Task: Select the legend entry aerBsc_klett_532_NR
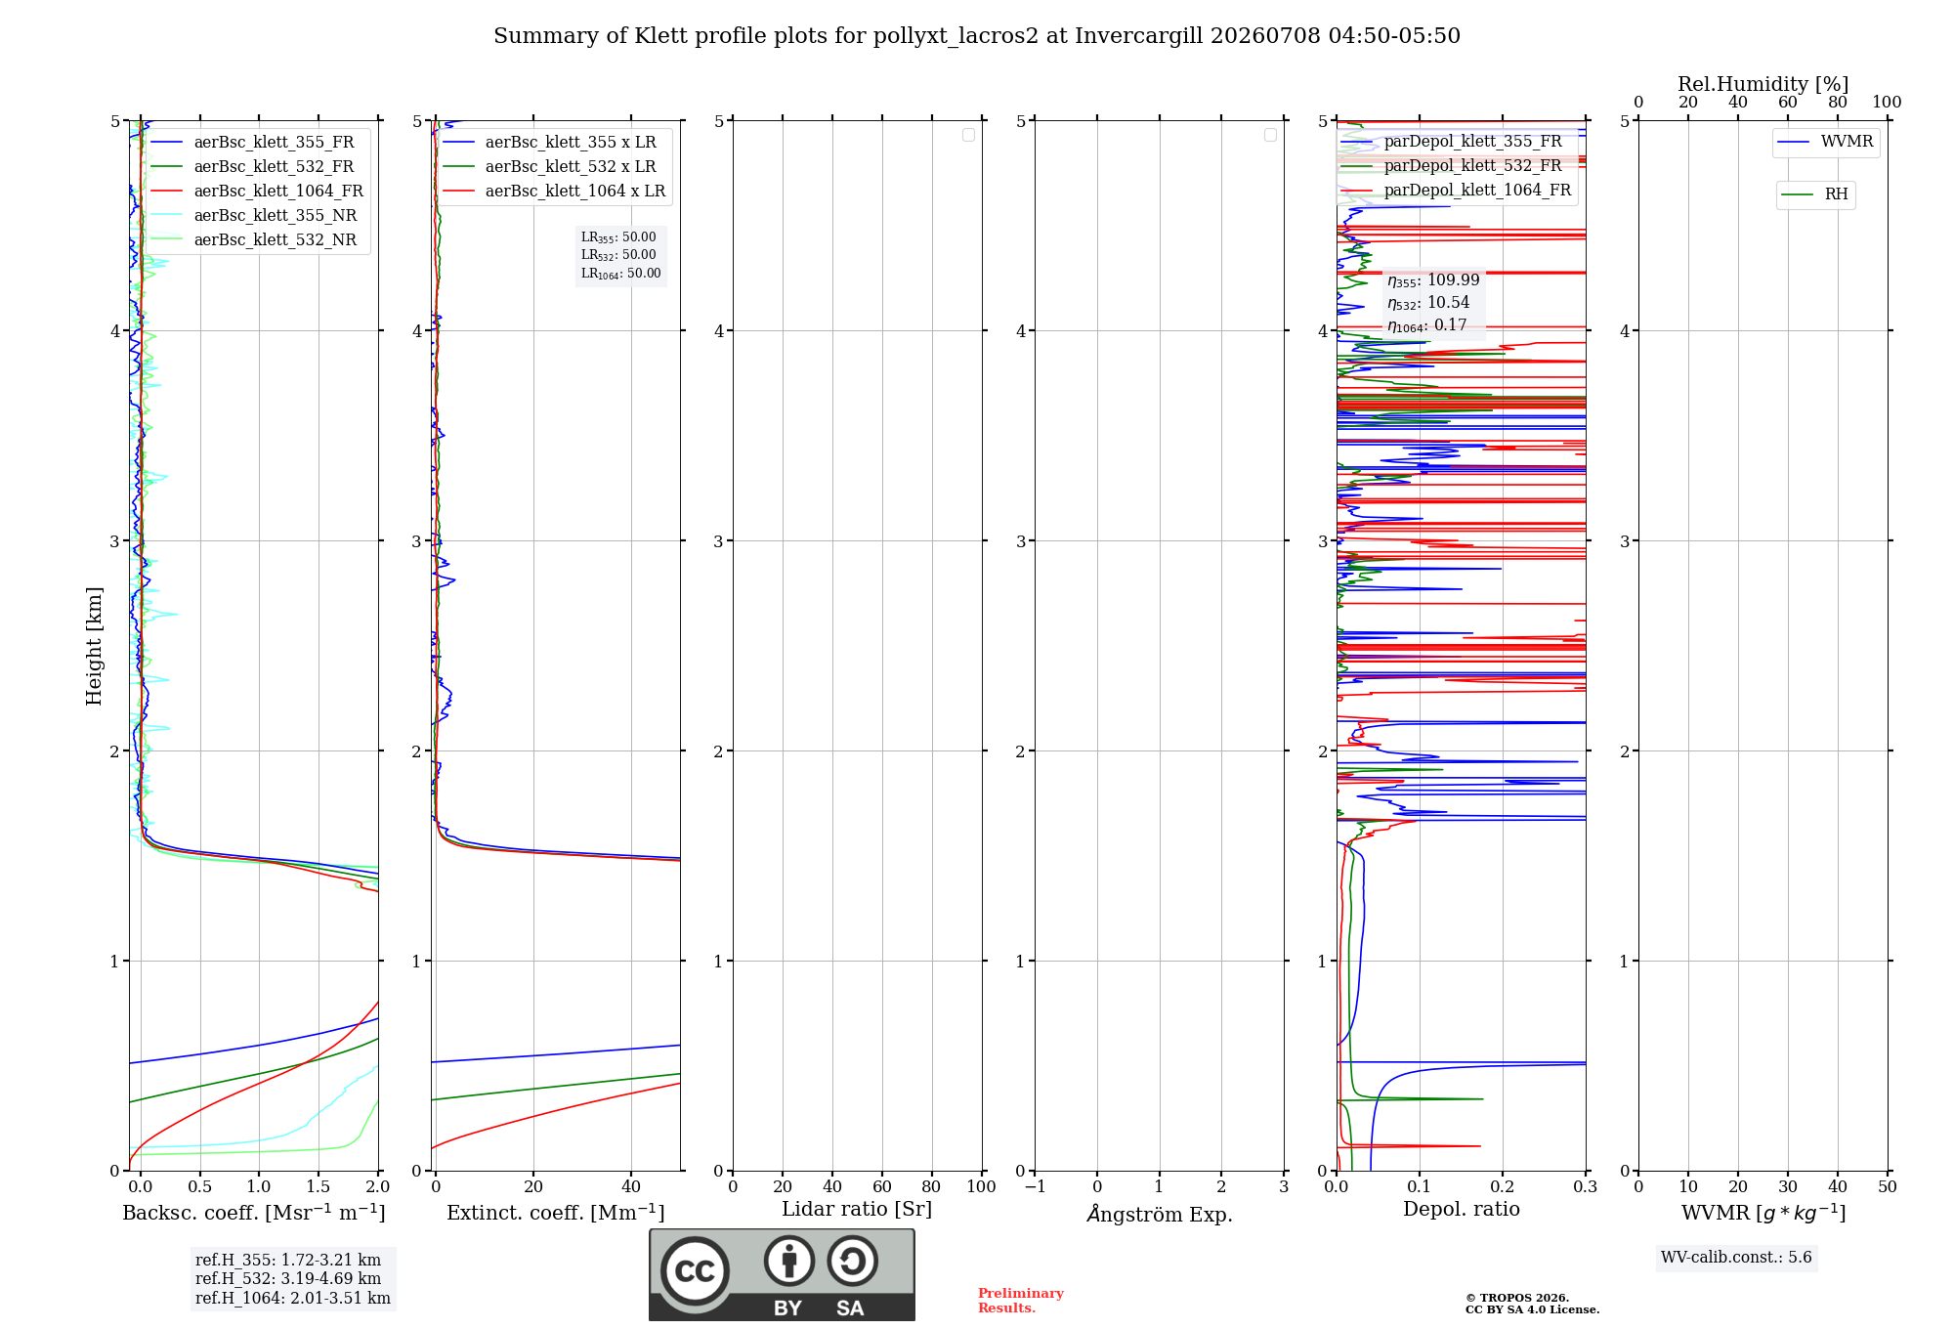[255, 239]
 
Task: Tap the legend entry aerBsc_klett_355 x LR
[550, 142]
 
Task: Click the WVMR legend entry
[1826, 142]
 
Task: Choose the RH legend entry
[1815, 194]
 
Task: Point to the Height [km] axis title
[94, 646]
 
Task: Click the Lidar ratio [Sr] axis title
[857, 1209]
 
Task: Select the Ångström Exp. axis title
[1160, 1214]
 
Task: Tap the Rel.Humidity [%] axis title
[1763, 84]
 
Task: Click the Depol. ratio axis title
[1462, 1209]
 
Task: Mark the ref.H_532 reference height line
[288, 1278]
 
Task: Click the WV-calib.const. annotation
[1736, 1257]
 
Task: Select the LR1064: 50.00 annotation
[621, 274]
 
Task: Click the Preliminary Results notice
[1021, 1301]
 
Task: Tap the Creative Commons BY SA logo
[783, 1274]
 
